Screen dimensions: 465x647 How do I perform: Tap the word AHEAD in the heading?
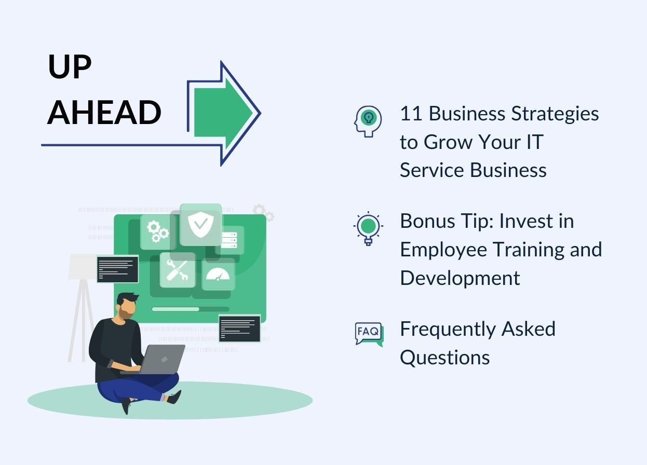(104, 113)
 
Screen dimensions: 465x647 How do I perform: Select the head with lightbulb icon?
(368, 121)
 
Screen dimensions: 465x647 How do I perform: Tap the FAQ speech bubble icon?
(369, 334)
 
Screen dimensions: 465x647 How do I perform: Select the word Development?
(460, 278)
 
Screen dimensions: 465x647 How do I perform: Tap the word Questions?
(444, 358)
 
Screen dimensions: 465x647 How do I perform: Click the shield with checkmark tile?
(200, 224)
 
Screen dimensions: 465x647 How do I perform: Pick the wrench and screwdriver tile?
(178, 270)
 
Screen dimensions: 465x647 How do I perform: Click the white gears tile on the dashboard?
(157, 231)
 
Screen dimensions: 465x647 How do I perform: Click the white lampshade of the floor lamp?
(82, 266)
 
